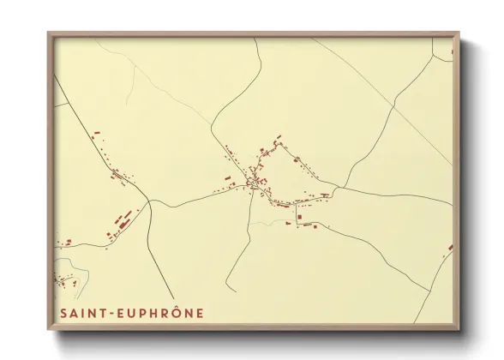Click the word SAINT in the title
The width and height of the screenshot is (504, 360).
(84, 313)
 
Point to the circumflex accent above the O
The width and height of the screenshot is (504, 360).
(175, 306)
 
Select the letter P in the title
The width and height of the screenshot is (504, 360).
(146, 313)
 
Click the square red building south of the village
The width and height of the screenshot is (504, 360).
(299, 221)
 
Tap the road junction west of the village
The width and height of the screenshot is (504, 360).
(150, 201)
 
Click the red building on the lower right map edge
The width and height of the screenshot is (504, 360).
(450, 249)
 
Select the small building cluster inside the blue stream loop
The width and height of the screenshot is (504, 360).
(64, 279)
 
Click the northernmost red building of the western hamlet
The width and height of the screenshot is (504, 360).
(96, 134)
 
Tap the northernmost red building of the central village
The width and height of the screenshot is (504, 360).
(276, 136)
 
